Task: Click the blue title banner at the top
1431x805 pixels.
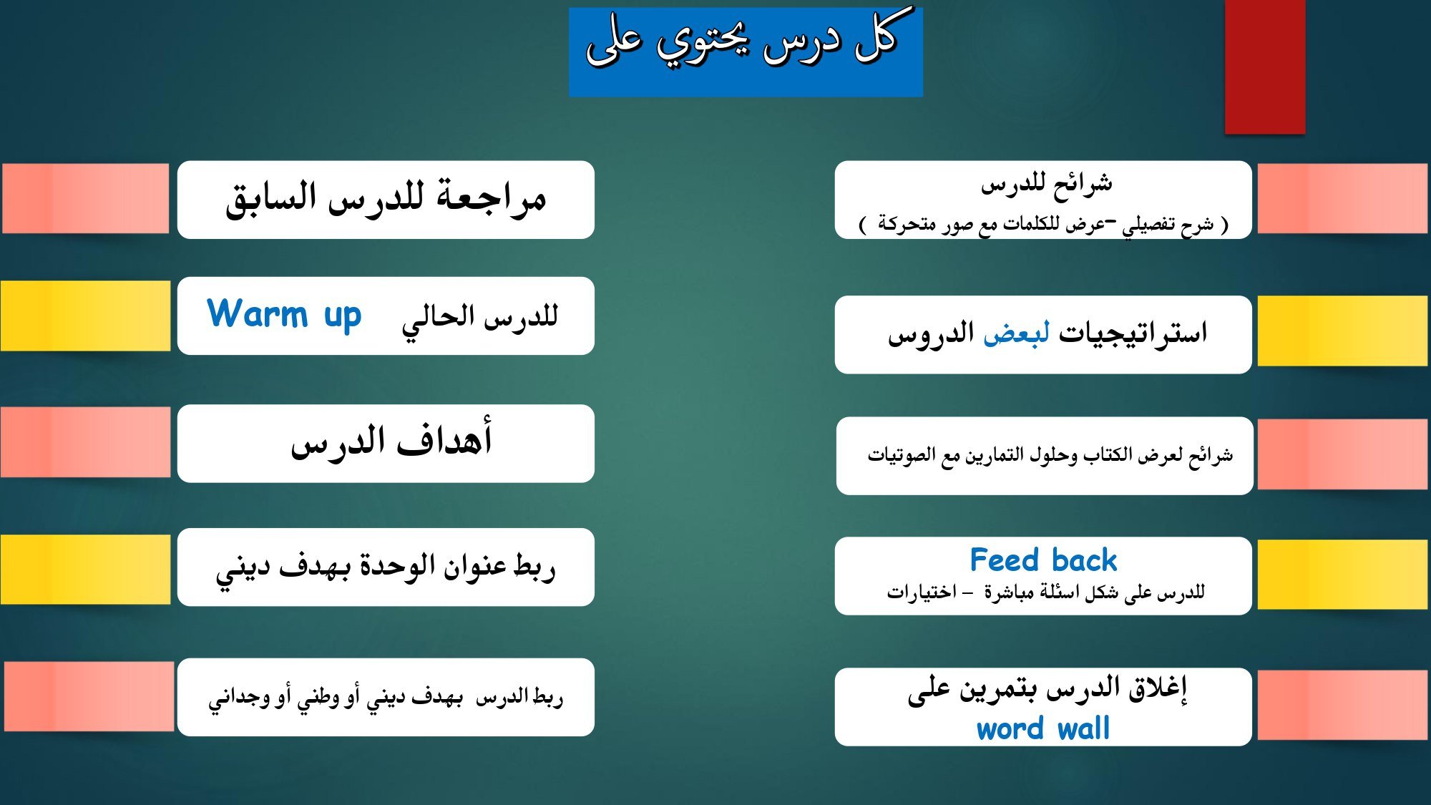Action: (x=746, y=52)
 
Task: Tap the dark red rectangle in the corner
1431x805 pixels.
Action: (x=1265, y=67)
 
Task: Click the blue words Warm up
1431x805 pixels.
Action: (x=284, y=315)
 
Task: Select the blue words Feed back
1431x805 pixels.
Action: (x=1043, y=560)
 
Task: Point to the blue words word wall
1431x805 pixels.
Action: (x=1043, y=728)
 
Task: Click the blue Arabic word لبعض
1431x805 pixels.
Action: (x=1016, y=333)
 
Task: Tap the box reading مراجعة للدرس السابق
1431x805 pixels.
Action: (x=386, y=200)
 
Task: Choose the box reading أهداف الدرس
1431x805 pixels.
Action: (x=386, y=444)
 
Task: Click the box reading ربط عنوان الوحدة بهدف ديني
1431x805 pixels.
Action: (x=386, y=567)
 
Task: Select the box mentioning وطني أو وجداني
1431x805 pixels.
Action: (x=386, y=697)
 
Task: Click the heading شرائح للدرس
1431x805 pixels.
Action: (x=1046, y=185)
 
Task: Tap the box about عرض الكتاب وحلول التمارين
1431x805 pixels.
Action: (x=1045, y=456)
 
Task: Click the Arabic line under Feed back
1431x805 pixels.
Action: (x=1045, y=592)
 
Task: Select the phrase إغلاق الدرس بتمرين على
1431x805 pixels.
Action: (x=1047, y=689)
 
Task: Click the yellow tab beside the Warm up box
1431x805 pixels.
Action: (x=85, y=316)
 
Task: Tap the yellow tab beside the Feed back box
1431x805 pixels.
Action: (x=1343, y=575)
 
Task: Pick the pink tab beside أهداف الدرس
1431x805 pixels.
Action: (x=85, y=442)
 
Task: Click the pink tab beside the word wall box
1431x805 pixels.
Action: (x=1343, y=706)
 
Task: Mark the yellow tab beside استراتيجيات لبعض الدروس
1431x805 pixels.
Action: (x=1343, y=331)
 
